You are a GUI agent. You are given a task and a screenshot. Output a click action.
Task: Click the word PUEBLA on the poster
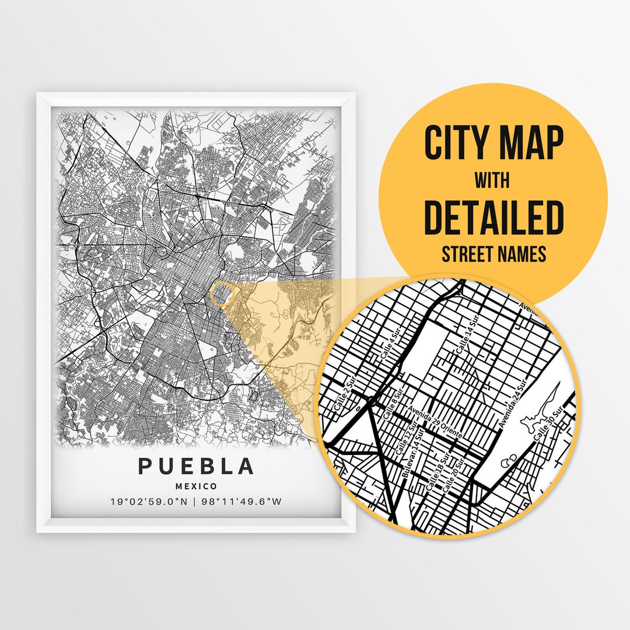click(x=196, y=467)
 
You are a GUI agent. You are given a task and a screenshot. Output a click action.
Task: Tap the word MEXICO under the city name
click(x=196, y=486)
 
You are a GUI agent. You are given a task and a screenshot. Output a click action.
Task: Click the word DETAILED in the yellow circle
click(x=494, y=217)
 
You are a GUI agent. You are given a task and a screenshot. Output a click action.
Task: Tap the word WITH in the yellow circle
click(x=492, y=180)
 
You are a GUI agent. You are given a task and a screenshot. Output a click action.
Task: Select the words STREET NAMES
click(x=494, y=254)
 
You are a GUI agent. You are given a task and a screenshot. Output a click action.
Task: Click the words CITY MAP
click(x=494, y=143)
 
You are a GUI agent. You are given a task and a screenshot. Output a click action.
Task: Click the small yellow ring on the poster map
click(x=220, y=293)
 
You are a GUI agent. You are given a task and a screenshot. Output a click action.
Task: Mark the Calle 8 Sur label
click(x=391, y=406)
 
